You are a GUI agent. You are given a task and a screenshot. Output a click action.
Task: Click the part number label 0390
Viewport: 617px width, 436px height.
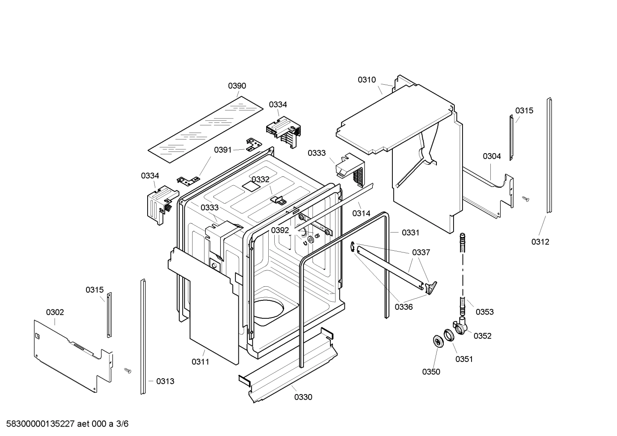(x=237, y=86)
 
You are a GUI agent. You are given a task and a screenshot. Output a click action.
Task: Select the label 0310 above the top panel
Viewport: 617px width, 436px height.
(x=367, y=80)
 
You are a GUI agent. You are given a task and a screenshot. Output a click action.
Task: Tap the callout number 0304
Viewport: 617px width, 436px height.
(x=492, y=156)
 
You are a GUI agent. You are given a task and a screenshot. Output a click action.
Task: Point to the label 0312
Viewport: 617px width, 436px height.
(x=540, y=242)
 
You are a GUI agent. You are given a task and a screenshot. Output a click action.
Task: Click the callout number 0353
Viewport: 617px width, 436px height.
(x=484, y=312)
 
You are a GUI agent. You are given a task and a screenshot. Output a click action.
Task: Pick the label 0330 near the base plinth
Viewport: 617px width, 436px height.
(x=303, y=397)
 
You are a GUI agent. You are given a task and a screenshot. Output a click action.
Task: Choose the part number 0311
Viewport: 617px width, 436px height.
(x=200, y=362)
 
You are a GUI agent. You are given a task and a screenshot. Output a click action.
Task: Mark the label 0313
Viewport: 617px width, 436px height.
(x=165, y=381)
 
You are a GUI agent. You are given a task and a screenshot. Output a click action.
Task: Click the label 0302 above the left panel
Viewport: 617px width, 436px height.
(x=55, y=312)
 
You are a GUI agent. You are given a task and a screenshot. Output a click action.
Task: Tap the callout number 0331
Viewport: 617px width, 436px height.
(x=410, y=232)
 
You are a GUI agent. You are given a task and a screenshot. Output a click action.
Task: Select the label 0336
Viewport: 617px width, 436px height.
(x=403, y=307)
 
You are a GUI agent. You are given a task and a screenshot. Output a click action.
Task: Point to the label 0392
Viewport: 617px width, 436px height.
(x=280, y=230)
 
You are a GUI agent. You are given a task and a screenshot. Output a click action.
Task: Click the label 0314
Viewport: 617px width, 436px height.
(x=361, y=213)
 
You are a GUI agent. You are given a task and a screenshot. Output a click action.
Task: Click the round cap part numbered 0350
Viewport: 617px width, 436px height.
(x=437, y=341)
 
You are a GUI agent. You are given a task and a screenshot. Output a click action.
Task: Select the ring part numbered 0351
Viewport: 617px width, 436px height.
(x=448, y=335)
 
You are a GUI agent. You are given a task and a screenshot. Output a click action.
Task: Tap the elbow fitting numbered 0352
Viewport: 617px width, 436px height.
(x=460, y=326)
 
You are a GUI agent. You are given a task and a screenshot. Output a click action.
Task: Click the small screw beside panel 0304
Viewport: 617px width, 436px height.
(x=526, y=199)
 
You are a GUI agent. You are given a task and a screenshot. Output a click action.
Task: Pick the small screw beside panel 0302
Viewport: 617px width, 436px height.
(x=127, y=370)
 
